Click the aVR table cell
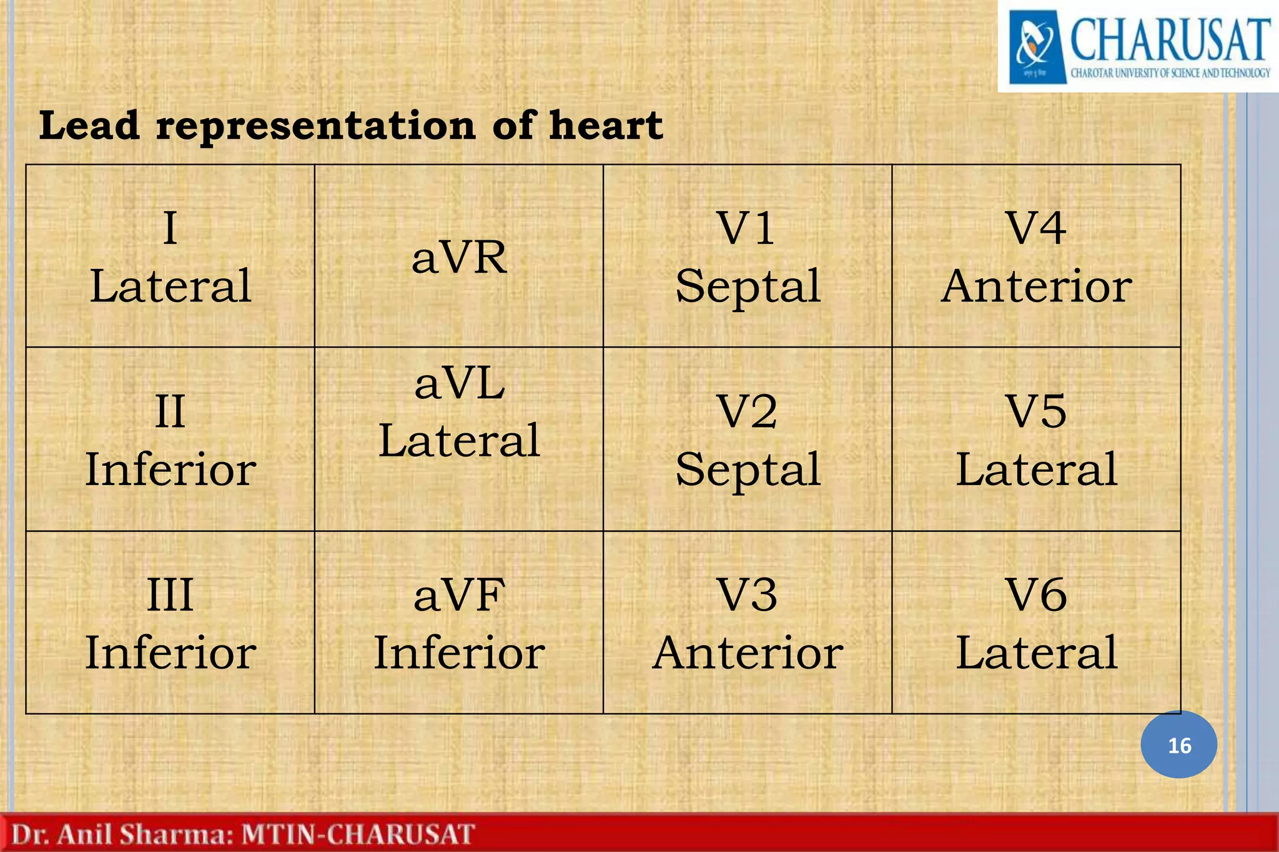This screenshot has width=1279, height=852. tap(458, 257)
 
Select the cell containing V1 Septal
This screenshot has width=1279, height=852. tap(748, 257)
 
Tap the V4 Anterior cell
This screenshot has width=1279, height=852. tap(1036, 257)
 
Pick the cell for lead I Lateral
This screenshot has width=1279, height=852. tap(170, 257)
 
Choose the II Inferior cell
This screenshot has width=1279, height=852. tap(170, 439)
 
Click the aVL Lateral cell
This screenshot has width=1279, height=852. tap(458, 439)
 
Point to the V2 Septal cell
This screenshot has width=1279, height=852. tap(748, 439)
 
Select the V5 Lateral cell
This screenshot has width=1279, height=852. tap(1036, 439)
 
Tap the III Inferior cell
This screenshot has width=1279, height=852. tap(170, 622)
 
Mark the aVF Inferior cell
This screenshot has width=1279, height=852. tap(458, 622)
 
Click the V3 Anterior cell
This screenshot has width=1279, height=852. tap(748, 622)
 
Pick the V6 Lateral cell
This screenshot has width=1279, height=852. tap(1036, 622)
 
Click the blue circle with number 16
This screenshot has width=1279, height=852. tap(1178, 745)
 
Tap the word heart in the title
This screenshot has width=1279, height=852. tap(605, 125)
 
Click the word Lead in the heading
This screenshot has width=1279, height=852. tap(89, 125)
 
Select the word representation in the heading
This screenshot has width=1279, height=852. tap(315, 127)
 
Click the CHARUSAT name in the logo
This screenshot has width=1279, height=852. tap(1170, 39)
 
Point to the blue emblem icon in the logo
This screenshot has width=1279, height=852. tap(1036, 47)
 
